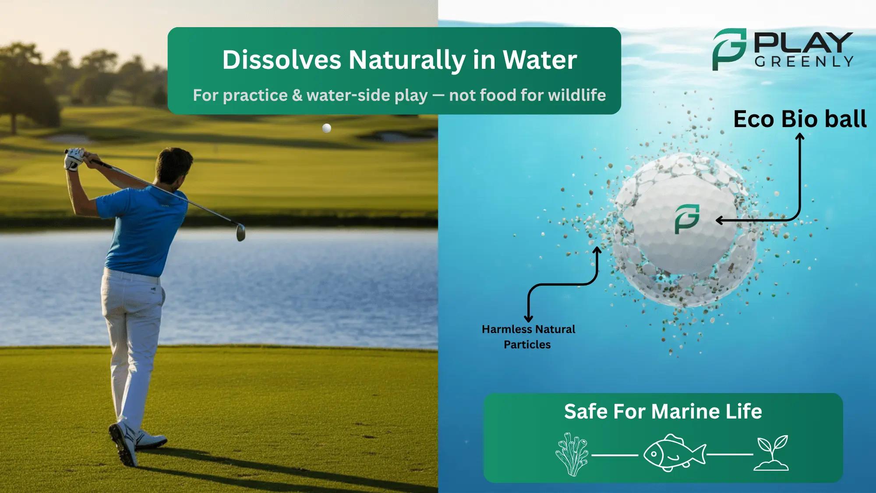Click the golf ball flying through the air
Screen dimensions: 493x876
326,128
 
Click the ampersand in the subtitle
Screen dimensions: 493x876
297,95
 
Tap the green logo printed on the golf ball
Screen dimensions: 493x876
686,219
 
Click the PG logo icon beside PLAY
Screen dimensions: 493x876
728,49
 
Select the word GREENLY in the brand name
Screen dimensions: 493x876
804,62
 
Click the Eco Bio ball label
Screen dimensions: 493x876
800,119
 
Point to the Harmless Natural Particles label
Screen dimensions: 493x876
528,337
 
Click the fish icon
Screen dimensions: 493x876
675,453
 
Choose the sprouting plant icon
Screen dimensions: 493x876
773,453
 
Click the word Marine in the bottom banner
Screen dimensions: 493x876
685,411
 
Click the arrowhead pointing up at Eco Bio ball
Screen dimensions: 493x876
800,137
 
